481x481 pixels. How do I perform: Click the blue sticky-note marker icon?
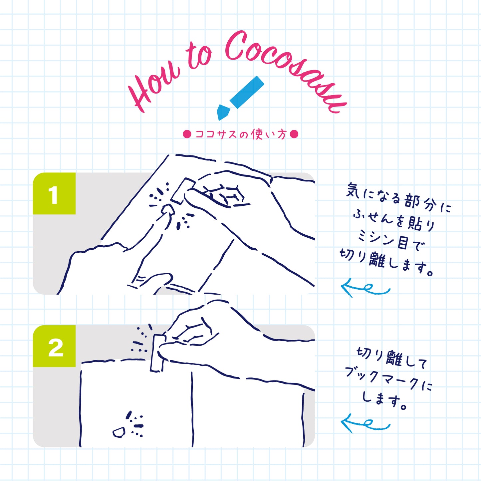(x=246, y=92)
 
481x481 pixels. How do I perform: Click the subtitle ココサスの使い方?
(x=240, y=134)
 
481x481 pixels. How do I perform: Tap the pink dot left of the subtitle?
(x=187, y=134)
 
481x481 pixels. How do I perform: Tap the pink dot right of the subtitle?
(x=294, y=134)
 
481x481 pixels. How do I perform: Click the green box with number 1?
(x=54, y=193)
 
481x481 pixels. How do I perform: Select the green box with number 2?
(x=54, y=346)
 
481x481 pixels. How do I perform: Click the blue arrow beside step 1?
(x=364, y=288)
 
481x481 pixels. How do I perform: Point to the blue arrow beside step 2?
(x=364, y=423)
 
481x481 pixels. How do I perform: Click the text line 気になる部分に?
(x=398, y=198)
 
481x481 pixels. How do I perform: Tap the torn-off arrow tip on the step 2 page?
(x=118, y=432)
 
